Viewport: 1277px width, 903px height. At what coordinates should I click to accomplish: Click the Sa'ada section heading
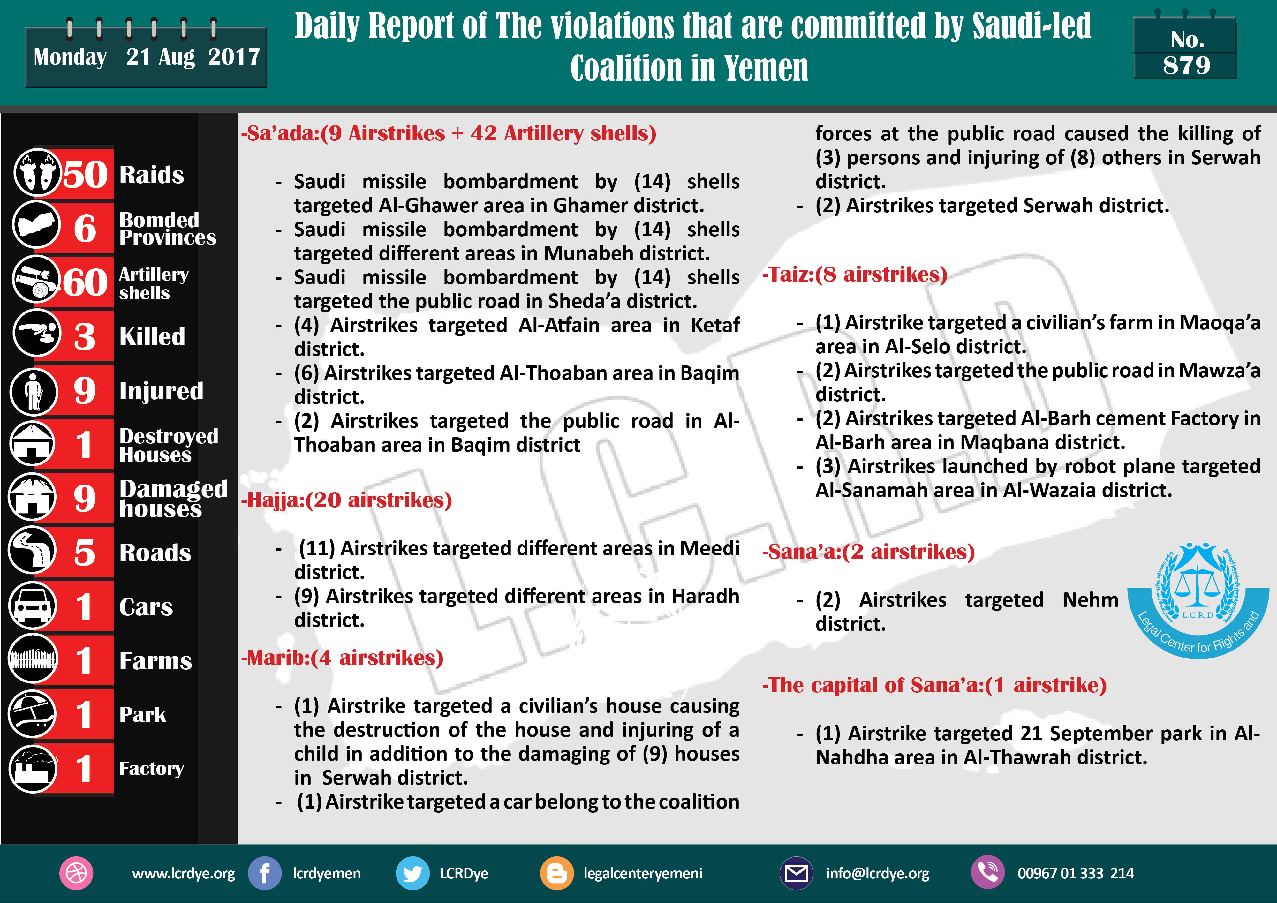448,133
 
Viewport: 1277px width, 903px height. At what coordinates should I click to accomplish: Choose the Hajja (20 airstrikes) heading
346,500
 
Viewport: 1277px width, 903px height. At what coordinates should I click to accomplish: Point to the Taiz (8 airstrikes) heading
854,275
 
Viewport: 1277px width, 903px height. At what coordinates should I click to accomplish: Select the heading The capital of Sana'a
934,685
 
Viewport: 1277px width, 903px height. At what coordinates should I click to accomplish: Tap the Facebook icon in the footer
264,873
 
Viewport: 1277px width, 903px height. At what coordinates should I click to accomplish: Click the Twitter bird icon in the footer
412,873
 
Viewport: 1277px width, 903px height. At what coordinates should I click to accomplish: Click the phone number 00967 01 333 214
1075,874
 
